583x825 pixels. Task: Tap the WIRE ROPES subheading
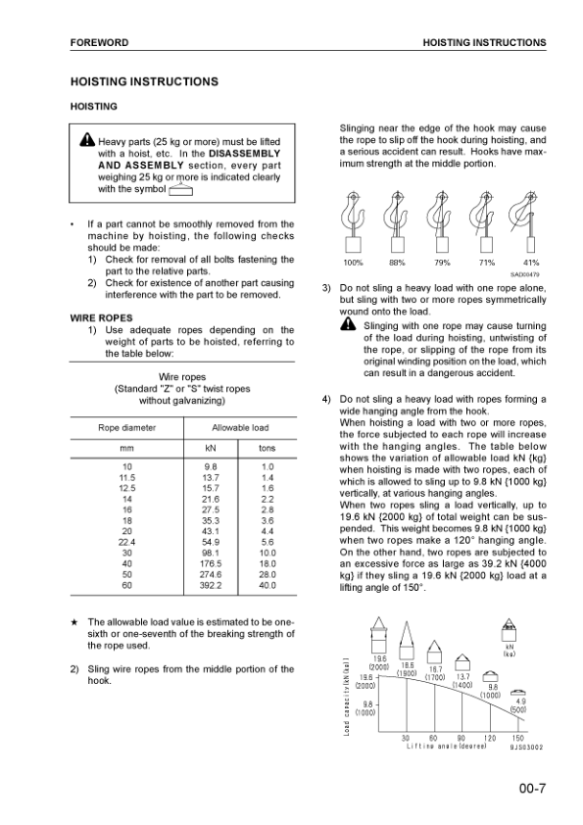click(x=101, y=318)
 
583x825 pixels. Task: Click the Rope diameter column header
click(x=126, y=427)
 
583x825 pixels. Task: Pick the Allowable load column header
click(x=240, y=427)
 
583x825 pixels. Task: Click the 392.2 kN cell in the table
click(x=211, y=585)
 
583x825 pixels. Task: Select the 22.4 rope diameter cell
click(x=126, y=541)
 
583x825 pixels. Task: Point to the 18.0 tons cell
click(x=267, y=563)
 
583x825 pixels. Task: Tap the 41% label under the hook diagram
click(x=530, y=263)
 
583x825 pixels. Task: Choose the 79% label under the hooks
click(x=442, y=263)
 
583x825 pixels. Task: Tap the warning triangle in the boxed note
click(x=88, y=140)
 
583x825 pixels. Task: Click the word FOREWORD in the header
click(x=99, y=43)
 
